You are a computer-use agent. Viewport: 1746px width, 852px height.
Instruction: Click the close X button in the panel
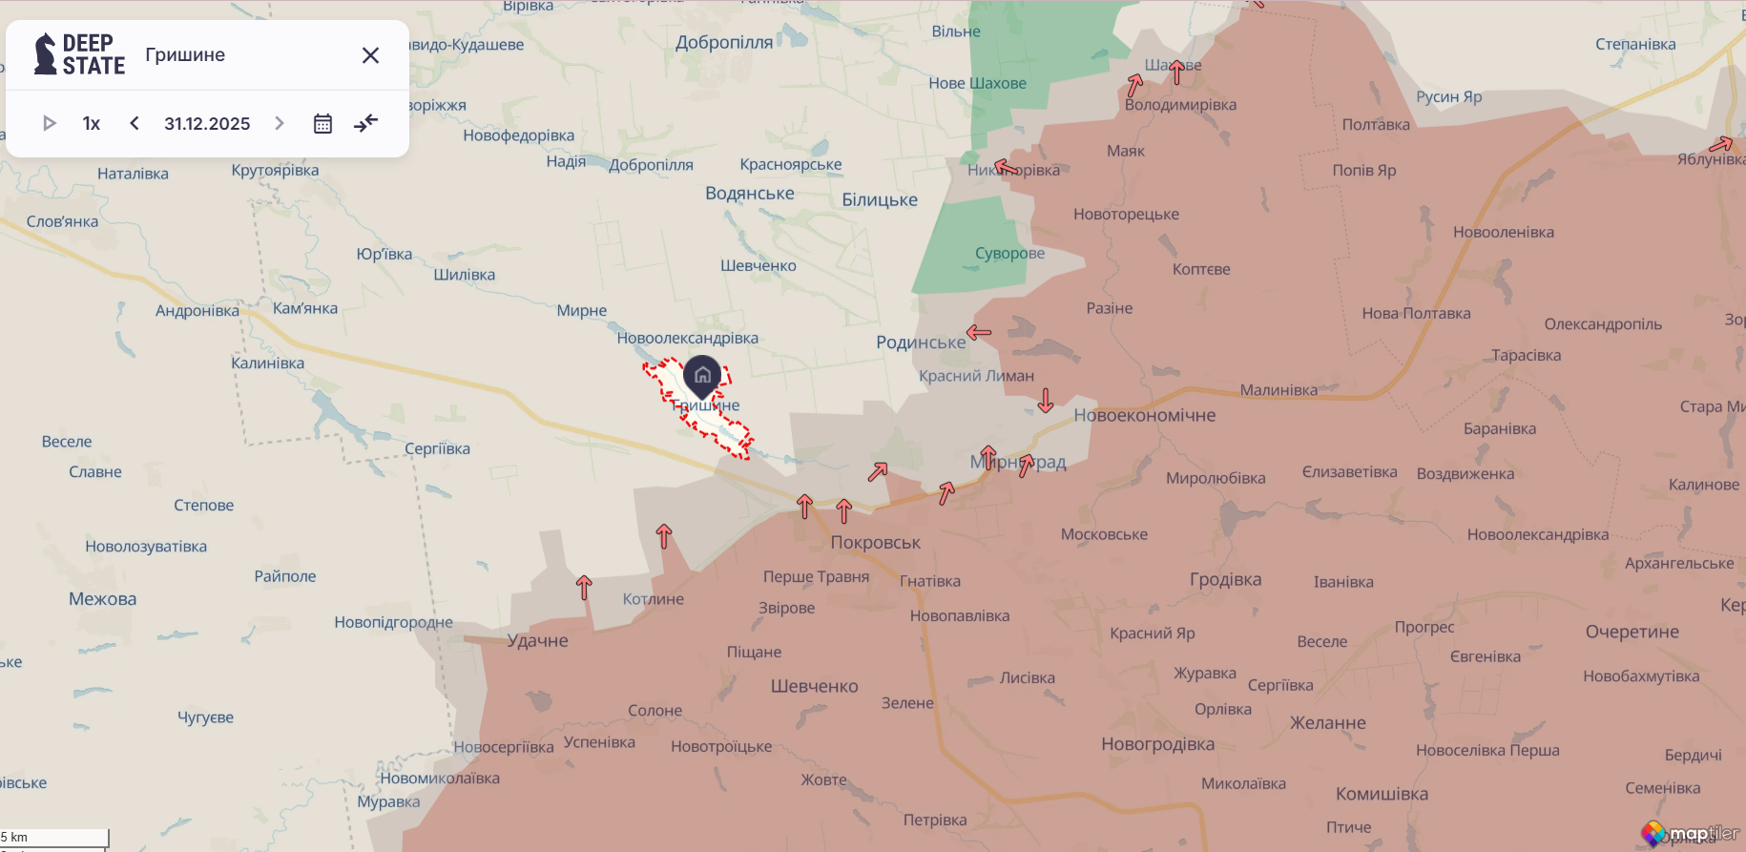coord(371,55)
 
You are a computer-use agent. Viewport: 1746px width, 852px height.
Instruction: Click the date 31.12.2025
coord(207,123)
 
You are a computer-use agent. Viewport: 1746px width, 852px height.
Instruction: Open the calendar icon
coord(322,123)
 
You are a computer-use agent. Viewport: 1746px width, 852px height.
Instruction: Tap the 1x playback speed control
coord(92,123)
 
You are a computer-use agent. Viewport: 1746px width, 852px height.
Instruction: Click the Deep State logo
coord(79,54)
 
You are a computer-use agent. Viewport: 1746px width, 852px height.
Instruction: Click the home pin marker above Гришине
coord(702,375)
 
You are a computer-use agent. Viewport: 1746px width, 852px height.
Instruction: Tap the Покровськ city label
coord(875,543)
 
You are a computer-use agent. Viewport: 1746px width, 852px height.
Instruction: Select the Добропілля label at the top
coord(724,42)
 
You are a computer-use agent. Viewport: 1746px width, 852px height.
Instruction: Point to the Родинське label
coord(920,343)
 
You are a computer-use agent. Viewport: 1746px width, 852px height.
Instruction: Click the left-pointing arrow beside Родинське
coord(979,332)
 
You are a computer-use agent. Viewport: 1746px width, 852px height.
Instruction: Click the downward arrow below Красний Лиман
coord(1046,400)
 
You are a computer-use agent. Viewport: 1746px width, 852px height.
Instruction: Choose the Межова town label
coord(102,599)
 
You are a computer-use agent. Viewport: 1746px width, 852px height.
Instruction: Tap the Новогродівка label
coord(1157,744)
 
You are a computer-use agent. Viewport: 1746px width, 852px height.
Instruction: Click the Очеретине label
coord(1632,632)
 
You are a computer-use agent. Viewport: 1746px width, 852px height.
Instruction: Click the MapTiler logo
coord(1691,834)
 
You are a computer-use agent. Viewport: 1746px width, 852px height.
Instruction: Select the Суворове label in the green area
coord(1009,254)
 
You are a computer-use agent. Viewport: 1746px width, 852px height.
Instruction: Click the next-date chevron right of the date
coord(280,123)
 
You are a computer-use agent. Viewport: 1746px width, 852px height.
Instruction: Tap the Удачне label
coord(537,641)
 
